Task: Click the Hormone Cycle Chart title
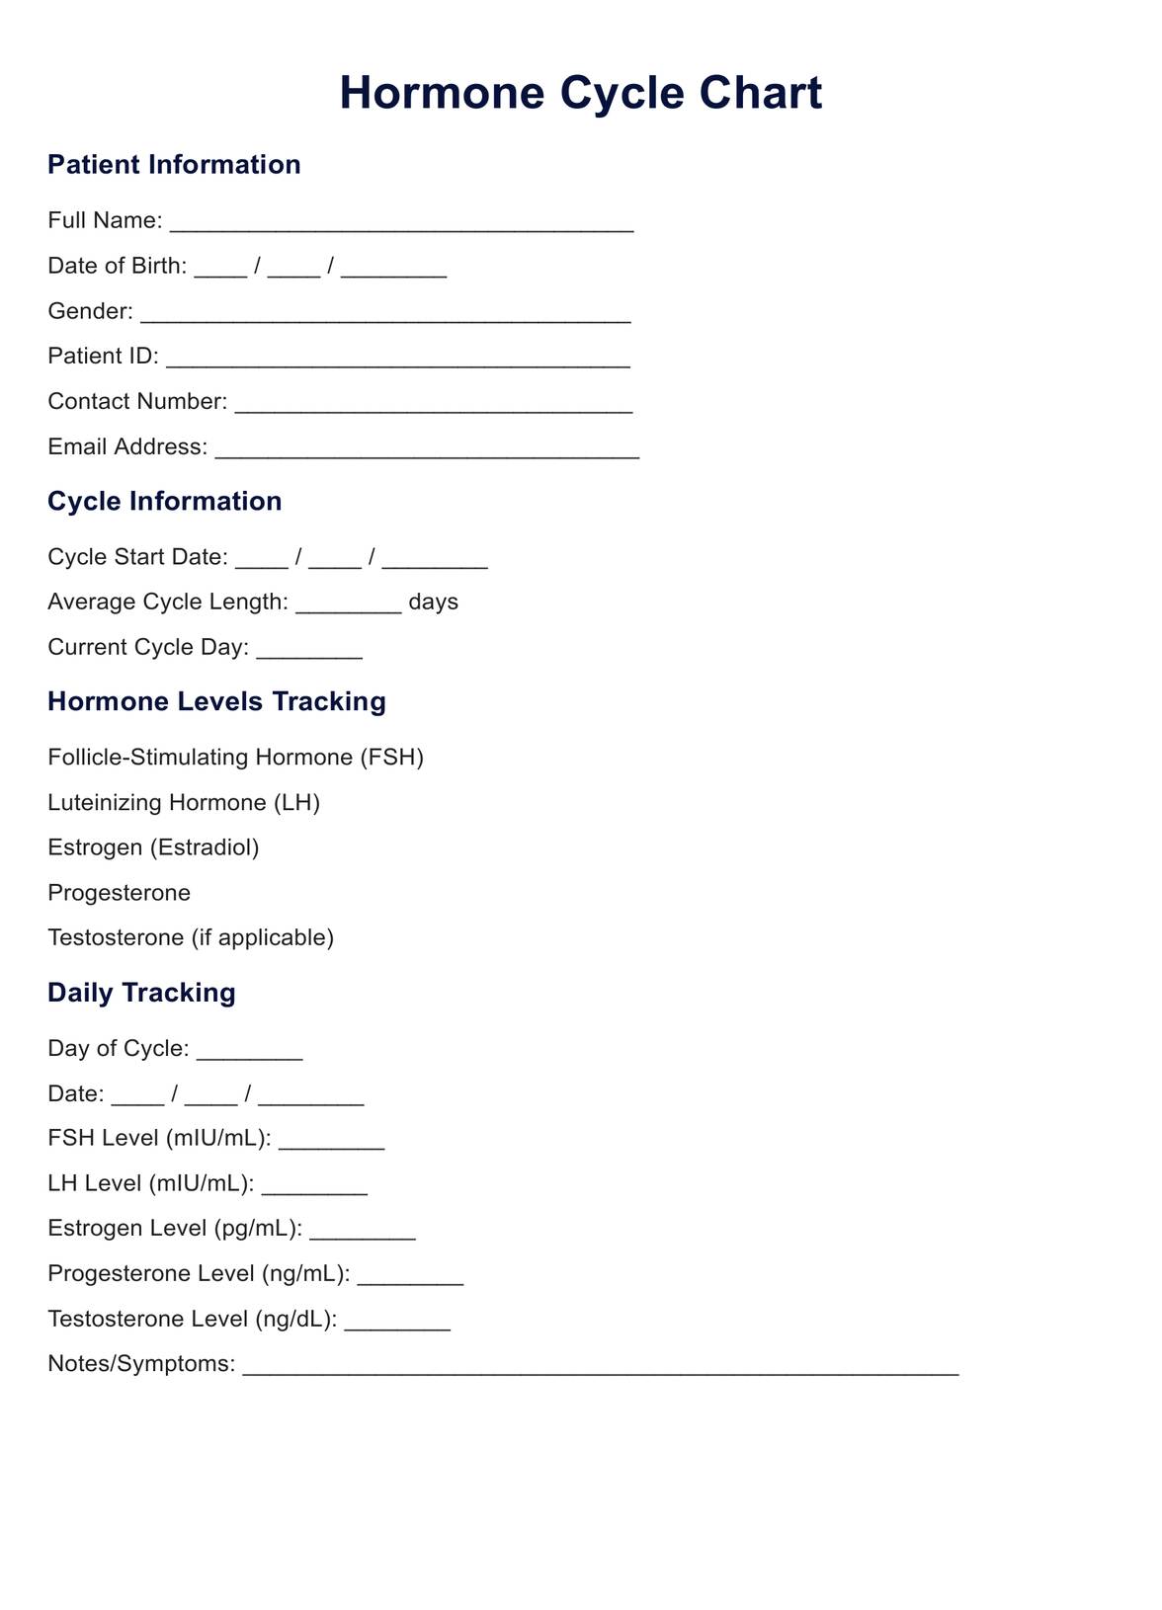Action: (580, 94)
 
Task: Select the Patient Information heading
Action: (174, 164)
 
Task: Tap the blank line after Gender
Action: (385, 315)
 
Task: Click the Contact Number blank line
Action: (434, 405)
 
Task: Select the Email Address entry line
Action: (427, 450)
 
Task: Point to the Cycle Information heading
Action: (164, 501)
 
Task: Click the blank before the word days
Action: (349, 605)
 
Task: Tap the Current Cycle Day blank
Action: (309, 651)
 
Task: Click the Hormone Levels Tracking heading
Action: (216, 701)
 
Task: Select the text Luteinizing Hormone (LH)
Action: (184, 802)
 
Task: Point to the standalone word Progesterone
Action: (119, 893)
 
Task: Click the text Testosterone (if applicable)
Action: (191, 937)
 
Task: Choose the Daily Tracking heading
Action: (141, 993)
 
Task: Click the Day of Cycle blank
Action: (249, 1052)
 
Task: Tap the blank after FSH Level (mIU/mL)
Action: (332, 1142)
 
